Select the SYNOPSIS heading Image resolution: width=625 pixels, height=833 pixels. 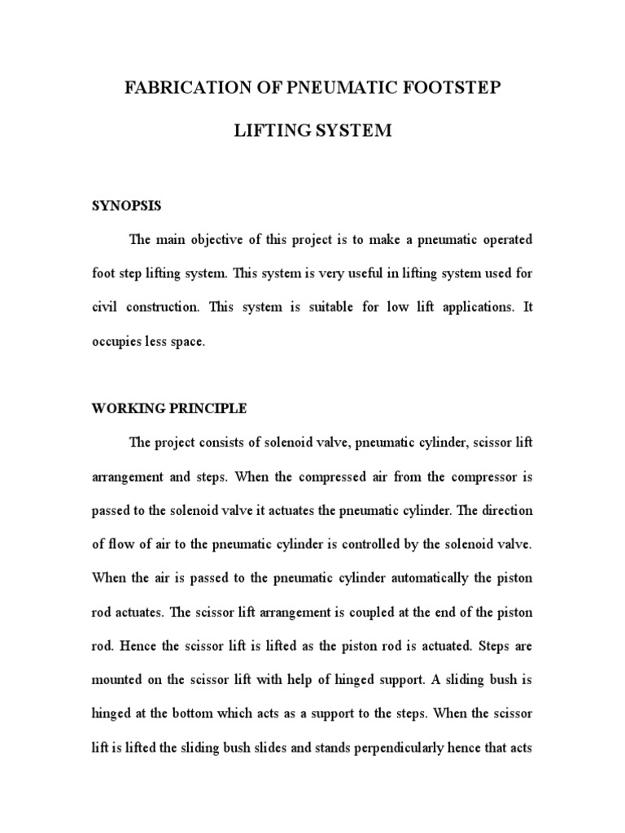point(126,207)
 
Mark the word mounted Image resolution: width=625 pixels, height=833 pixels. point(121,678)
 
